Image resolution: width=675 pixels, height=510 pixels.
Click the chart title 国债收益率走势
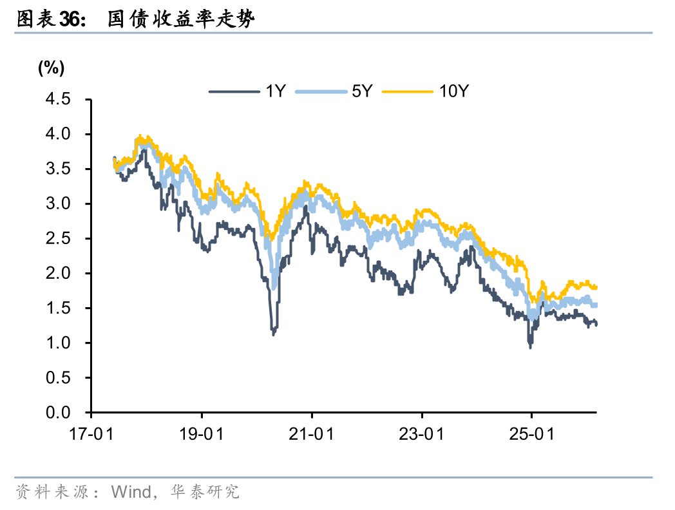coord(181,19)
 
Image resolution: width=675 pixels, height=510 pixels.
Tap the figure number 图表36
coord(50,19)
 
